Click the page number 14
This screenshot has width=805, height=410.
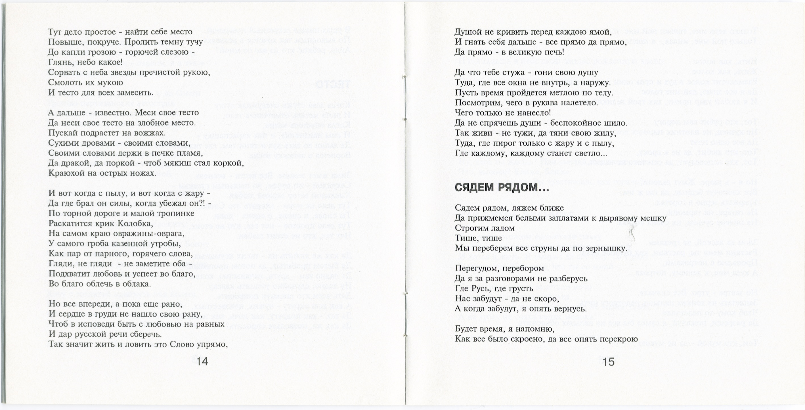point(202,361)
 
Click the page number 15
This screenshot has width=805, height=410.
point(609,362)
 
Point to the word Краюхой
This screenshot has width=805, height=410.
point(67,173)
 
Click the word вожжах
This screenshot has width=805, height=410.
point(149,133)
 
